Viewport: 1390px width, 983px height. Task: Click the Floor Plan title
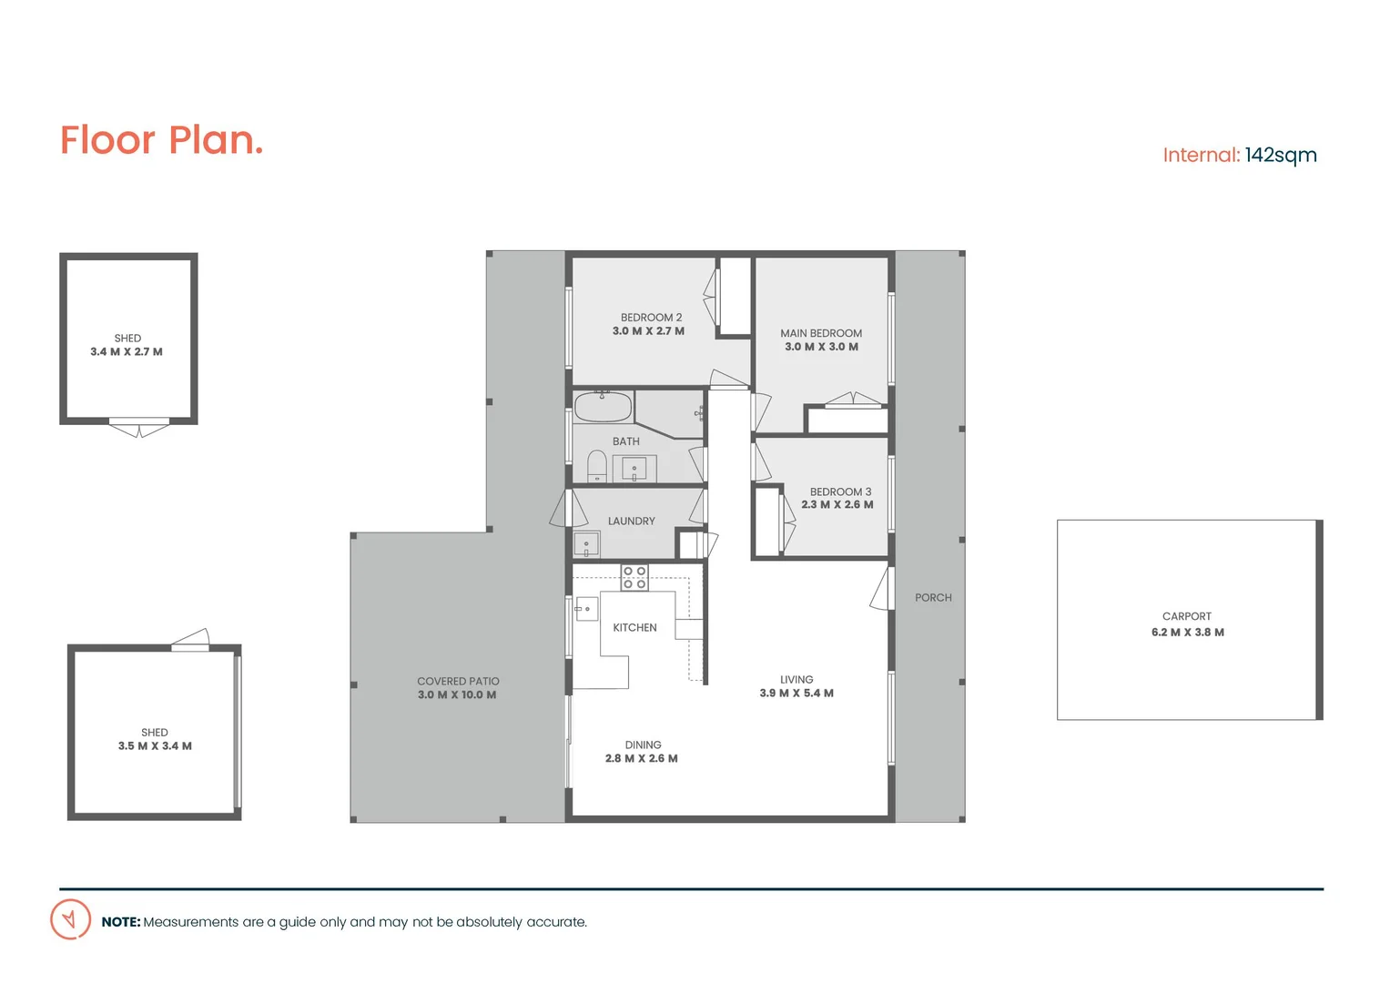161,140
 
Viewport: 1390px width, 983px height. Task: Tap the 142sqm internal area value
1281,155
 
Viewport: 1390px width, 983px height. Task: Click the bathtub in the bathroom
603,407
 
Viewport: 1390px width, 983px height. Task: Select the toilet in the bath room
597,465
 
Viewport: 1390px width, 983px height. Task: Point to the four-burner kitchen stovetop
634,577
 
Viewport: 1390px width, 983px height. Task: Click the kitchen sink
586,608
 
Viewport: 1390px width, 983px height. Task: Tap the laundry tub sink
586,545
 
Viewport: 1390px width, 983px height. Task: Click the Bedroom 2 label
651,318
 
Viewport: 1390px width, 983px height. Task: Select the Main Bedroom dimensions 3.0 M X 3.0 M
821,347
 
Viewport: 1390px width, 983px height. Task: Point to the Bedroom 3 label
840,491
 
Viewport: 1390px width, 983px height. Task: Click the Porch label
933,598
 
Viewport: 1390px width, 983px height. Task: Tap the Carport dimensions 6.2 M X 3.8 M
1187,633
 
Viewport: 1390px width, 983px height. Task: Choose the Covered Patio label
458,681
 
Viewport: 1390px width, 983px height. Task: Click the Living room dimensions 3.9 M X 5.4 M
796,694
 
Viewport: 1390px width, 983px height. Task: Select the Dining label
643,745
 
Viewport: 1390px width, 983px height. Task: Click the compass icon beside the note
70,919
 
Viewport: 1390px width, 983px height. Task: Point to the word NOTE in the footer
121,922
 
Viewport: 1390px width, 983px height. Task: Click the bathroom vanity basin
634,469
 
